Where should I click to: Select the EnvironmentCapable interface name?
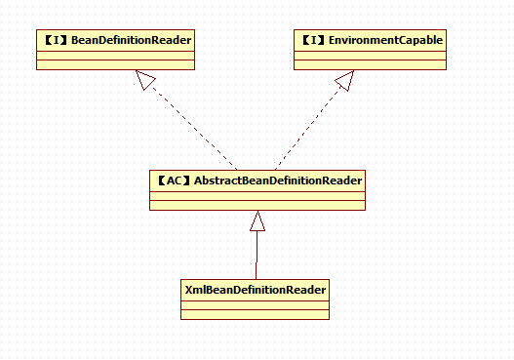point(386,39)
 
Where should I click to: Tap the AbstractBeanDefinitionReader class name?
point(278,180)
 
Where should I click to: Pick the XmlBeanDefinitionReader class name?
point(256,290)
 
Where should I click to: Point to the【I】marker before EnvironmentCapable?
point(314,39)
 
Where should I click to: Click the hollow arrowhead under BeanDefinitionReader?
point(147,82)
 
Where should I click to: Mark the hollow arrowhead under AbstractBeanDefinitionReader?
point(257,222)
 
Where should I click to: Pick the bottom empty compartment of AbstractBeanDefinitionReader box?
point(257,205)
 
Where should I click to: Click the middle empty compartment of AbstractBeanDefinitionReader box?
point(257,195)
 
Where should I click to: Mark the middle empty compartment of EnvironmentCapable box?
point(371,55)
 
